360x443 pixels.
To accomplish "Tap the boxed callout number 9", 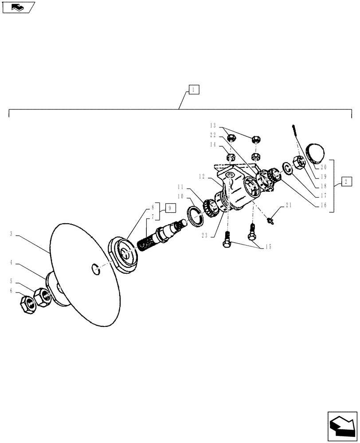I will [171, 207].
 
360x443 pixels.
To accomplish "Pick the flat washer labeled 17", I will [287, 168].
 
